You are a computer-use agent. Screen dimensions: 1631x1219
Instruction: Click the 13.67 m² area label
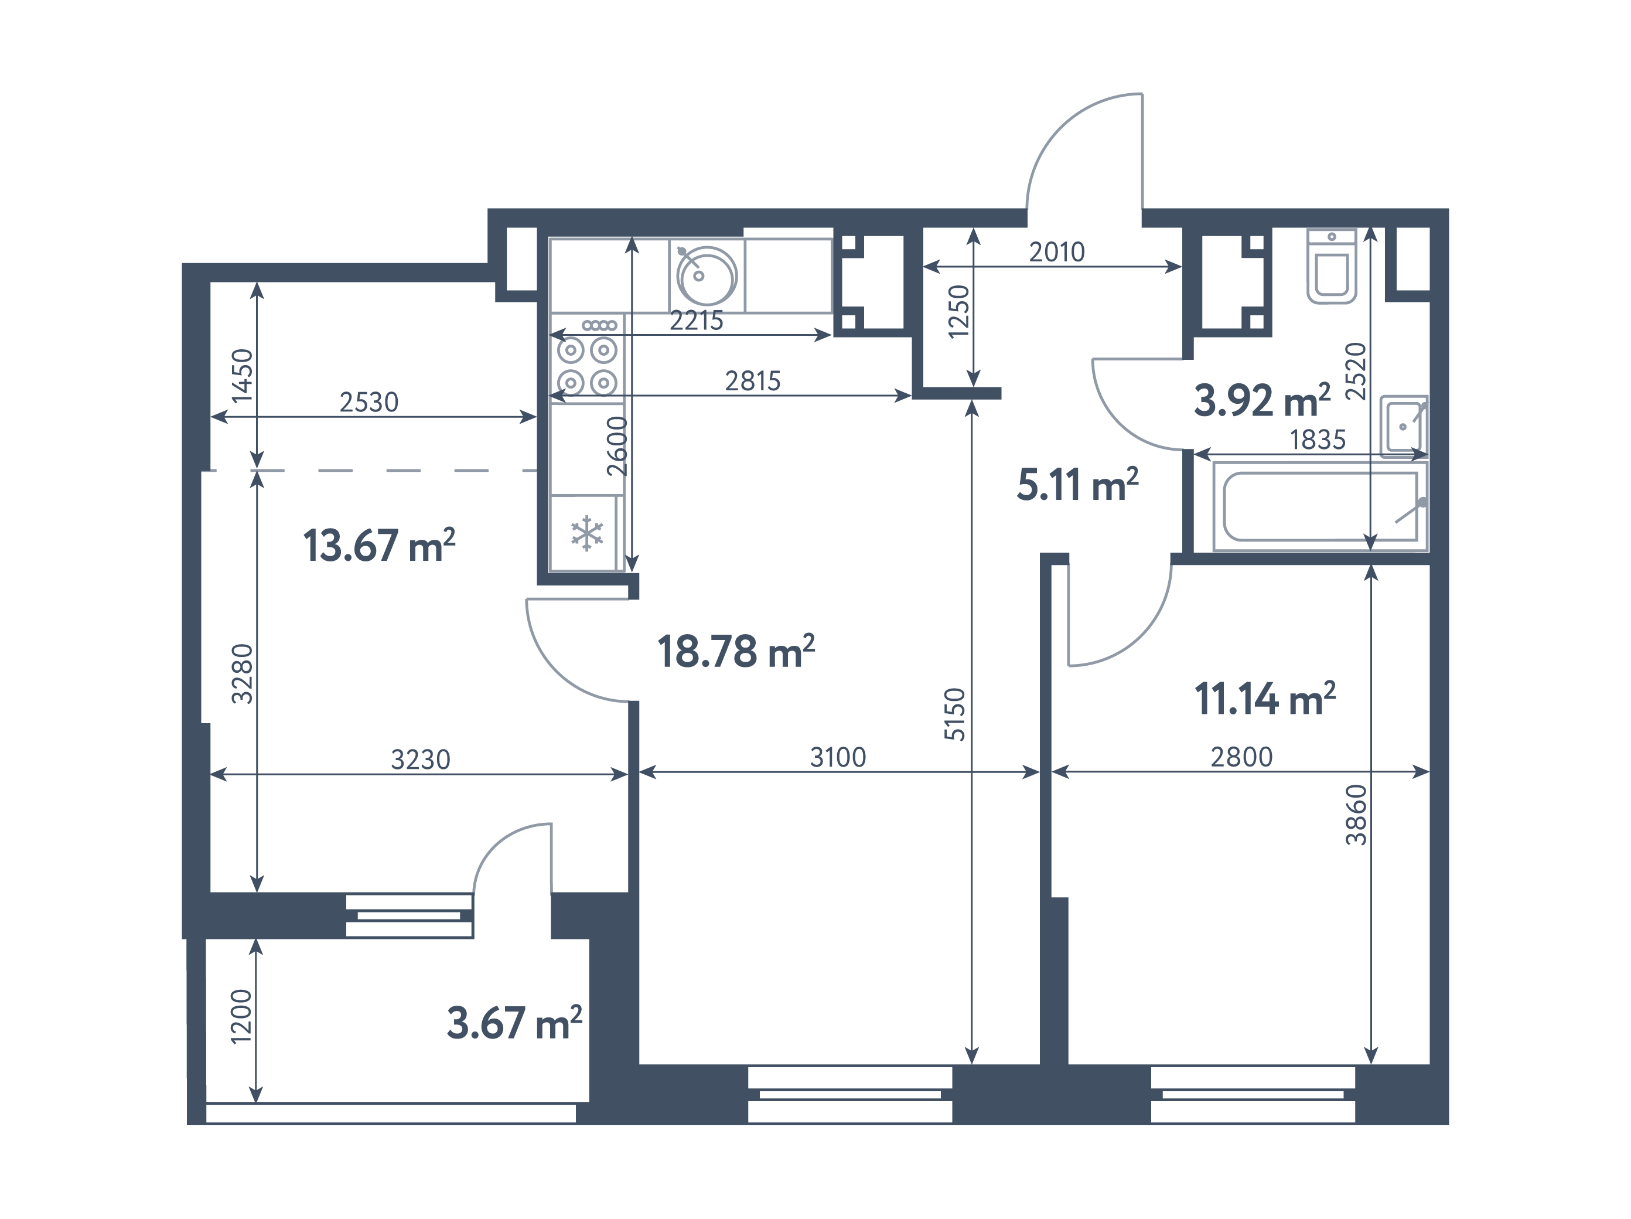(x=379, y=545)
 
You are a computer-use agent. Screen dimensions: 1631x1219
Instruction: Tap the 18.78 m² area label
(x=736, y=651)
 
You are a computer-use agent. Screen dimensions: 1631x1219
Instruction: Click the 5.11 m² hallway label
(x=1077, y=485)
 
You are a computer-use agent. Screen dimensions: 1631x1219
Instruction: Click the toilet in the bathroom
(x=1332, y=266)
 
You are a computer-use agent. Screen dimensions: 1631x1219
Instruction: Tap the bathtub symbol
(x=1320, y=506)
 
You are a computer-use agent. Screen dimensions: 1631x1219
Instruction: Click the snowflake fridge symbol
(x=587, y=533)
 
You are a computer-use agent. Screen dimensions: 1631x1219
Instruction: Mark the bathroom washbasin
(x=1404, y=426)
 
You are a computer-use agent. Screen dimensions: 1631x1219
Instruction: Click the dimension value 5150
(x=955, y=714)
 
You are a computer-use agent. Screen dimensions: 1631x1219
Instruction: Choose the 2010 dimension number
(x=1057, y=252)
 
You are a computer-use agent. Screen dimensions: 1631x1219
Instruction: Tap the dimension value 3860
(x=1356, y=815)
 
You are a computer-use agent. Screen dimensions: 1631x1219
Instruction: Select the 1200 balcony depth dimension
(x=241, y=1016)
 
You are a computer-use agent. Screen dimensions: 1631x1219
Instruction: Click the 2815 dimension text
(x=752, y=382)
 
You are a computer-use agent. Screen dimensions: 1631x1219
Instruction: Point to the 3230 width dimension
(x=420, y=760)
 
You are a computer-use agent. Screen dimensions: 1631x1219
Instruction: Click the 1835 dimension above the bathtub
(x=1318, y=440)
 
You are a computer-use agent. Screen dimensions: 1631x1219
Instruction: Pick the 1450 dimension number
(x=242, y=375)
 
